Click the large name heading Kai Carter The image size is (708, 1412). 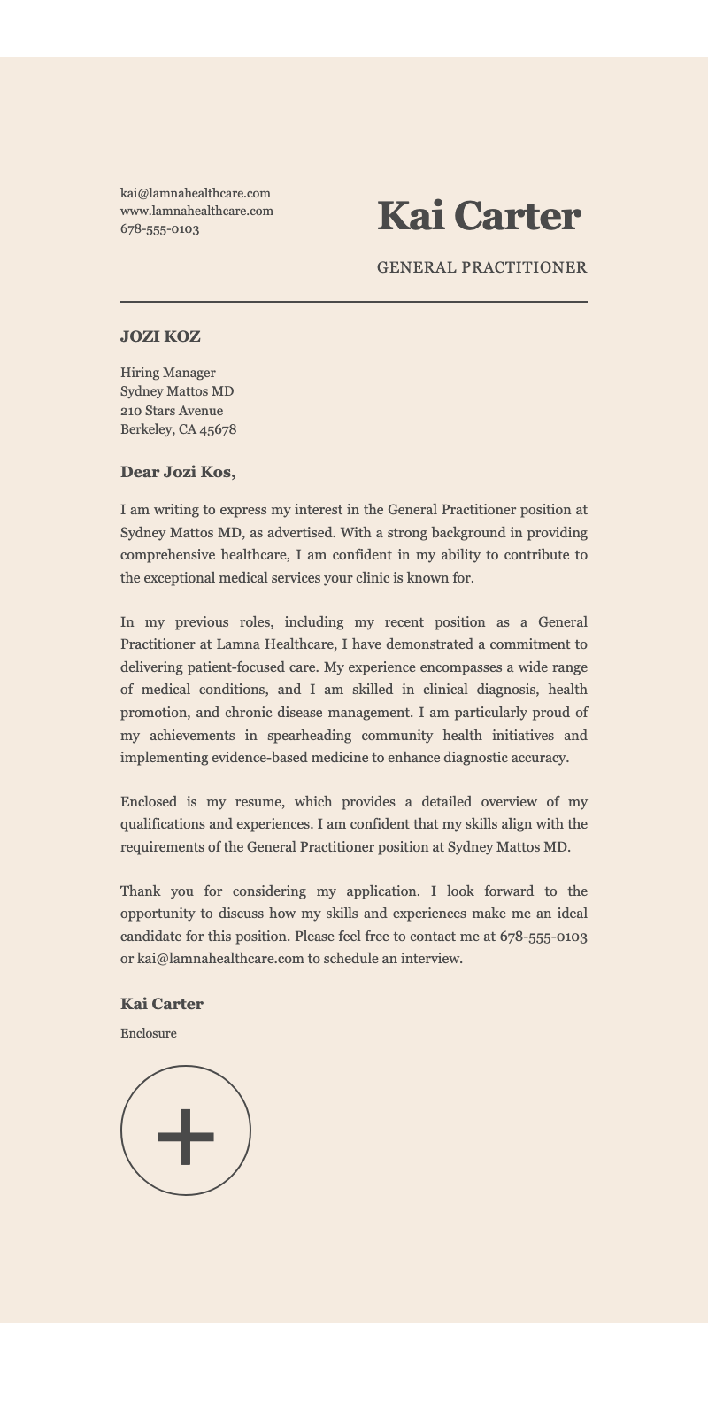tap(479, 216)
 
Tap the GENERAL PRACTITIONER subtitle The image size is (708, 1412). tap(481, 267)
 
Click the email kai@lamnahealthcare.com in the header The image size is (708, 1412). tap(195, 193)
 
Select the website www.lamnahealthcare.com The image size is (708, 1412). tap(196, 211)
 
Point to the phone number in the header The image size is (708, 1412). tap(159, 229)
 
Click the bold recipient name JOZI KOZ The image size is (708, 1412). tap(160, 336)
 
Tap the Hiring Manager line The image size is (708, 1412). tap(167, 373)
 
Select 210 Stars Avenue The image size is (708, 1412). tap(172, 411)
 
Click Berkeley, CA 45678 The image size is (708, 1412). tap(178, 430)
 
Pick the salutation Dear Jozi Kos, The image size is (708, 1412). tap(178, 472)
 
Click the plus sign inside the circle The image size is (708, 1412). tap(186, 1135)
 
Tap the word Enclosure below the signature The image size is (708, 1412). tap(148, 1033)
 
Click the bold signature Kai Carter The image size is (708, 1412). tap(162, 1004)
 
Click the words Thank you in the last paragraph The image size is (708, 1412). tap(150, 891)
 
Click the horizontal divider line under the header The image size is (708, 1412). tap(354, 302)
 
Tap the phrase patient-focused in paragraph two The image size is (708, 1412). tap(237, 666)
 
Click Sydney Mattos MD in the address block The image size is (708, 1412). tap(177, 391)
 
